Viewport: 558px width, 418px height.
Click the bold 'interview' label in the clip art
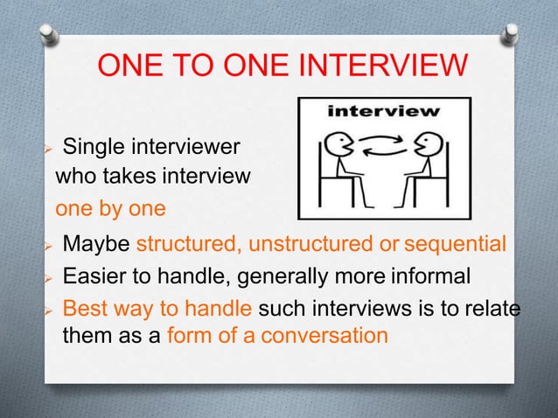(x=383, y=111)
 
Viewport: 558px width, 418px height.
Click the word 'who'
(x=73, y=178)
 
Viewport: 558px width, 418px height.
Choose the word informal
(x=429, y=277)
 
